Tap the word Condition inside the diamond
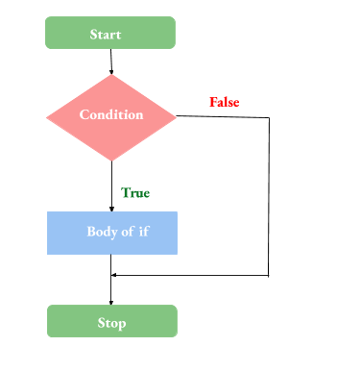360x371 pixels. click(111, 115)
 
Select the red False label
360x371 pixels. click(225, 102)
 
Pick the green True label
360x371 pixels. click(135, 192)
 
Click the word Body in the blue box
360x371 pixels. click(96, 232)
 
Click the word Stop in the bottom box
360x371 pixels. click(111, 322)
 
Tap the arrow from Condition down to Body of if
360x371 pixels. click(111, 183)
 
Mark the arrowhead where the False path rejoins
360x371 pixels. click(115, 276)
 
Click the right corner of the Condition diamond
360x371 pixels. click(177, 116)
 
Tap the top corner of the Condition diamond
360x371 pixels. click(111, 77)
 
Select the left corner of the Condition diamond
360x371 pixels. click(47, 116)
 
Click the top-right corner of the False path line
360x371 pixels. click(269, 118)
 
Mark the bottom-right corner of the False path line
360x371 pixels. click(269, 276)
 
